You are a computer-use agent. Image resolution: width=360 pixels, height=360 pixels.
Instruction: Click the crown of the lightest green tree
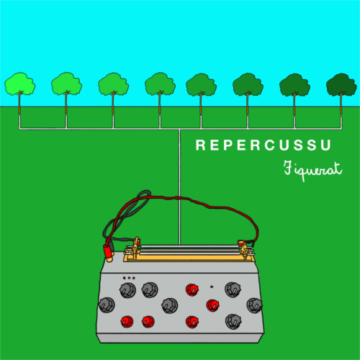click(x=19, y=84)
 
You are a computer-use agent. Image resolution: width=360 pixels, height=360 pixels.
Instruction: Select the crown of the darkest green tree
click(x=341, y=84)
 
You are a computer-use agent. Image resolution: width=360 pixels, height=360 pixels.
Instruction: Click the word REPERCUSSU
click(x=264, y=145)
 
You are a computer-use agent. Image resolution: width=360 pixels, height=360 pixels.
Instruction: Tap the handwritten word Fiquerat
click(x=312, y=170)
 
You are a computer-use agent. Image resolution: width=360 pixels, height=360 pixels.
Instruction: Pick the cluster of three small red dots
click(x=129, y=278)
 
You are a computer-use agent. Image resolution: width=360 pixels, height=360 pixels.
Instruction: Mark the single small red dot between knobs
click(x=212, y=287)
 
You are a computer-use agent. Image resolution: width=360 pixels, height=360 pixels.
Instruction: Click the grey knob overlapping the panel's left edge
click(x=107, y=305)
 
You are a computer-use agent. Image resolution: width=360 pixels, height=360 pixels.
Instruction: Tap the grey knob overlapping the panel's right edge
click(x=254, y=305)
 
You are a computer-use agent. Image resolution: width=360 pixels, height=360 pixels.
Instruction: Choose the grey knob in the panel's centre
click(x=170, y=305)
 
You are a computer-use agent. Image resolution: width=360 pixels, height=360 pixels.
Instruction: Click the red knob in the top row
click(x=192, y=289)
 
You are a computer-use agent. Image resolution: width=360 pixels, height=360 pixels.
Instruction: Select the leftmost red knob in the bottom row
click(x=127, y=322)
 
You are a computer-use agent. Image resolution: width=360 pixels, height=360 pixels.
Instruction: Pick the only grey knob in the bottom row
click(x=233, y=321)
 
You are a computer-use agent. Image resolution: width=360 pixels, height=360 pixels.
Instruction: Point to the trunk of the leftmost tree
click(x=19, y=103)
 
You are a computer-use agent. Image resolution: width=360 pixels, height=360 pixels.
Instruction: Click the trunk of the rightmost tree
click(x=341, y=104)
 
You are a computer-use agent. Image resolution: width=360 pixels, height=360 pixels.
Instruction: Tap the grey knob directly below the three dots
click(x=127, y=290)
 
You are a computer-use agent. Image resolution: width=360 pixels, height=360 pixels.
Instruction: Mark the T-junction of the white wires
click(x=179, y=129)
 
